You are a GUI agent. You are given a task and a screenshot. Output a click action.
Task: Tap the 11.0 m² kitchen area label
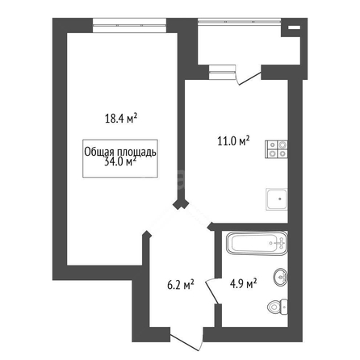233,140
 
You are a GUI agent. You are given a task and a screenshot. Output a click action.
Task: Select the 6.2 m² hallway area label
181,285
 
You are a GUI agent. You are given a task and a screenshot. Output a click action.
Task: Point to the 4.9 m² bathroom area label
243,283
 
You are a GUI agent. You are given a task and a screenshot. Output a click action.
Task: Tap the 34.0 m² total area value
120,162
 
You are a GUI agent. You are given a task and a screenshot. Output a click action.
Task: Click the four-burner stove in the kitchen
276,149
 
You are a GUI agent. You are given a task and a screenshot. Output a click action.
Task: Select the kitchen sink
277,199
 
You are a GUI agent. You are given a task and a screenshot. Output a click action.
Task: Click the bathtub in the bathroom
257,243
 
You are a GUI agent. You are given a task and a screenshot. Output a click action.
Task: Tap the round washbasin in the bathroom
281,277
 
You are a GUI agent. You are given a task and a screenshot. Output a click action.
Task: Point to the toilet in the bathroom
278,307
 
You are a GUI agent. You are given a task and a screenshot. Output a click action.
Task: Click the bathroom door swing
212,291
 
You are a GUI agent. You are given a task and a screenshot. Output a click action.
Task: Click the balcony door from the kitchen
249,76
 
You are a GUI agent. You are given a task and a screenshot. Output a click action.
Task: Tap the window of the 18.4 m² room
129,25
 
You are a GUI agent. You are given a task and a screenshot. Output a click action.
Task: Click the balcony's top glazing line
240,20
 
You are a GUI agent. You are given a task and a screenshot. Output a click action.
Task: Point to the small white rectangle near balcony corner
294,27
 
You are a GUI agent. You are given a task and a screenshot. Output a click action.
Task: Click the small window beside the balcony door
223,72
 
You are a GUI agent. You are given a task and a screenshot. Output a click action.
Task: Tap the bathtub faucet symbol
279,243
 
